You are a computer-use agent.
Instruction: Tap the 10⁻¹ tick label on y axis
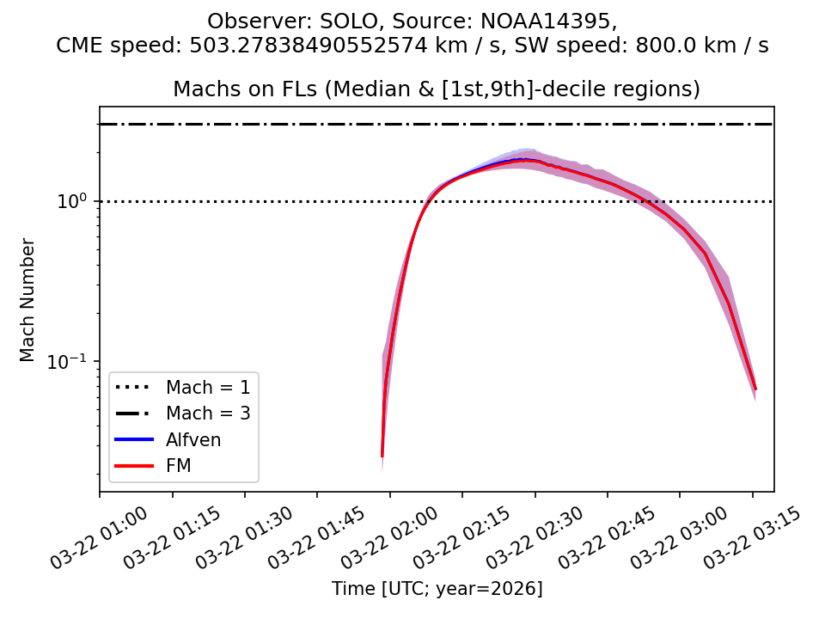[x=72, y=361]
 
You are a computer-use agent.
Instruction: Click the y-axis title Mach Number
[x=28, y=300]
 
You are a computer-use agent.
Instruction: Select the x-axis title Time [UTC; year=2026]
[x=437, y=589]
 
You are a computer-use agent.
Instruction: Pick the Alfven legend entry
[x=193, y=440]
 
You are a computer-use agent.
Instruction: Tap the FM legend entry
[x=178, y=466]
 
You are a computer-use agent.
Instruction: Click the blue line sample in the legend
[x=134, y=440]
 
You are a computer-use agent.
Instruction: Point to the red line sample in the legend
[x=134, y=466]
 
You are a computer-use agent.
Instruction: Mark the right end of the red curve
[x=755, y=389]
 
